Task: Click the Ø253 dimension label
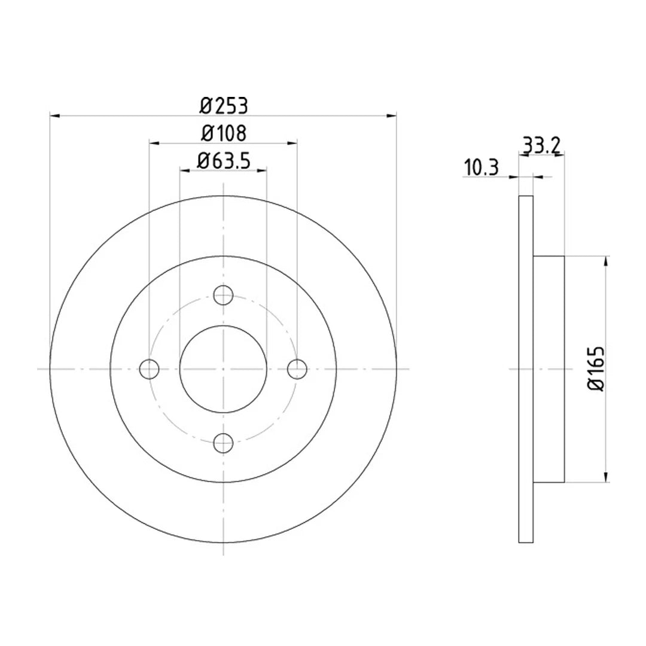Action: (x=224, y=106)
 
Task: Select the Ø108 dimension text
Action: (x=224, y=133)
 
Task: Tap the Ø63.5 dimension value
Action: (x=223, y=161)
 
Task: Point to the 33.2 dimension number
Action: (x=541, y=145)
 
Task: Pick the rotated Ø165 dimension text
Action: (x=596, y=369)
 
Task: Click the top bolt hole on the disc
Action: (x=223, y=294)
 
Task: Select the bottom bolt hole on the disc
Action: (x=223, y=443)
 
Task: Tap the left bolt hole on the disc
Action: (x=149, y=369)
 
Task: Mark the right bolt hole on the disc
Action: (x=297, y=369)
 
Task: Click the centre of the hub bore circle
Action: (x=223, y=369)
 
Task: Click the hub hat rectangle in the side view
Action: (x=549, y=369)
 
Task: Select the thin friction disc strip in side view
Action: (x=525, y=369)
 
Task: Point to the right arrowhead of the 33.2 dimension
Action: (x=560, y=155)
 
